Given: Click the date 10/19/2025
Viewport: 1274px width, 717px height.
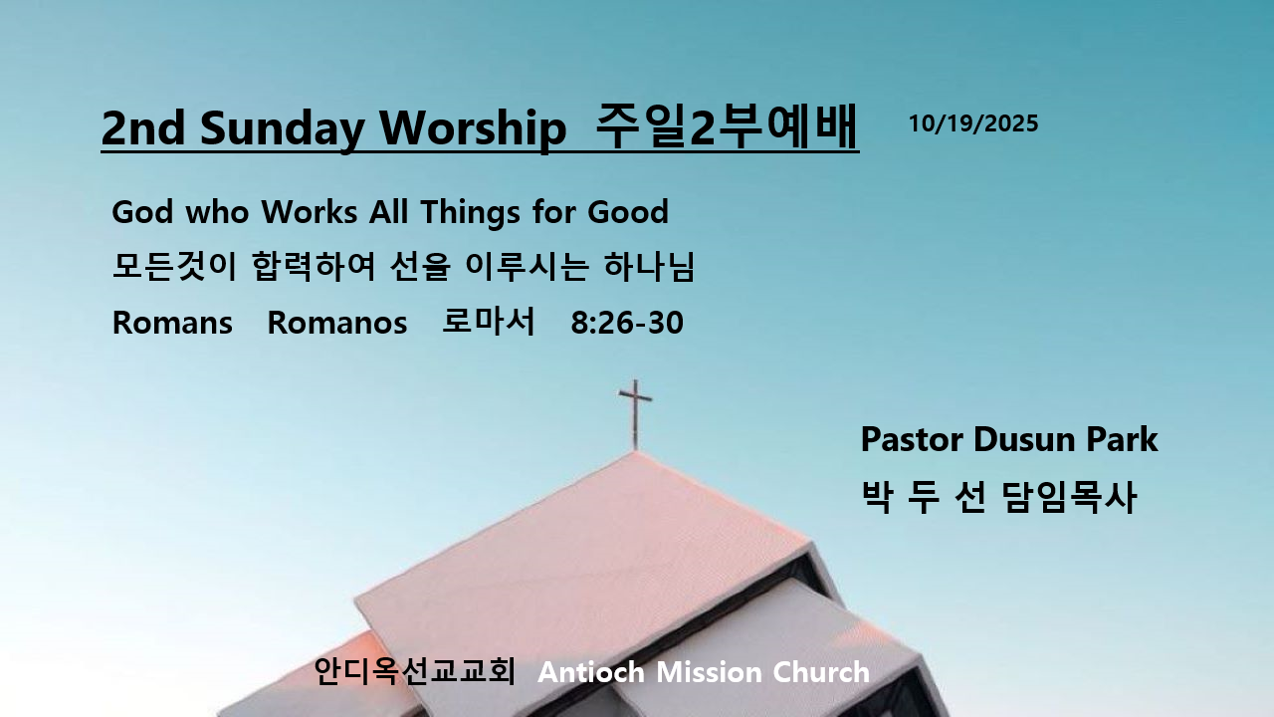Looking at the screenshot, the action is (973, 123).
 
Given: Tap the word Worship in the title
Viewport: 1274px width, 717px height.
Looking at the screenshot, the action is (473, 127).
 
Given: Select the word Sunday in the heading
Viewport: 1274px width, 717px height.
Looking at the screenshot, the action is (282, 129).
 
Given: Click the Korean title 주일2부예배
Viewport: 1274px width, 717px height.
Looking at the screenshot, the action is (727, 126).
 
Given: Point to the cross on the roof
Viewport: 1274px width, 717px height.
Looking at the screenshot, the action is (635, 414).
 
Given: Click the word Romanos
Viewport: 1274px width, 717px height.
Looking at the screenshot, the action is (337, 323).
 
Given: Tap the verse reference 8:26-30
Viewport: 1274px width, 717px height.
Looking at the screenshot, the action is (627, 323).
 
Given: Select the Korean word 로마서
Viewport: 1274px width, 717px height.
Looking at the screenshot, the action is (489, 321).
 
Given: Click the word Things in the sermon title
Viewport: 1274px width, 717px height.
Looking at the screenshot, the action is (471, 213).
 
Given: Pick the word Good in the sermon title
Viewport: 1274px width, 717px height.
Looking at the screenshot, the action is (628, 212).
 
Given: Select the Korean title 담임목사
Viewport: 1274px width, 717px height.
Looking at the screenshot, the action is (1069, 497).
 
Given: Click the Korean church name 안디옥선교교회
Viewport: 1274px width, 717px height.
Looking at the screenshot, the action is (415, 671).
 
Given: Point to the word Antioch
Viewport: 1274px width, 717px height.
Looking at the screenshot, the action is (591, 672).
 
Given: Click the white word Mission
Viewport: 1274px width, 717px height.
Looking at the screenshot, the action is (709, 672).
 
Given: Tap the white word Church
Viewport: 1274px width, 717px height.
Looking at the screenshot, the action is (821, 672).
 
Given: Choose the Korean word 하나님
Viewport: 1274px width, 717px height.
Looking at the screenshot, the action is (649, 266).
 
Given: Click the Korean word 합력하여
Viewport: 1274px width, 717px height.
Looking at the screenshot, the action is (314, 266).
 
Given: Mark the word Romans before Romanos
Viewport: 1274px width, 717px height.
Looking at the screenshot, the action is (172, 323).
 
